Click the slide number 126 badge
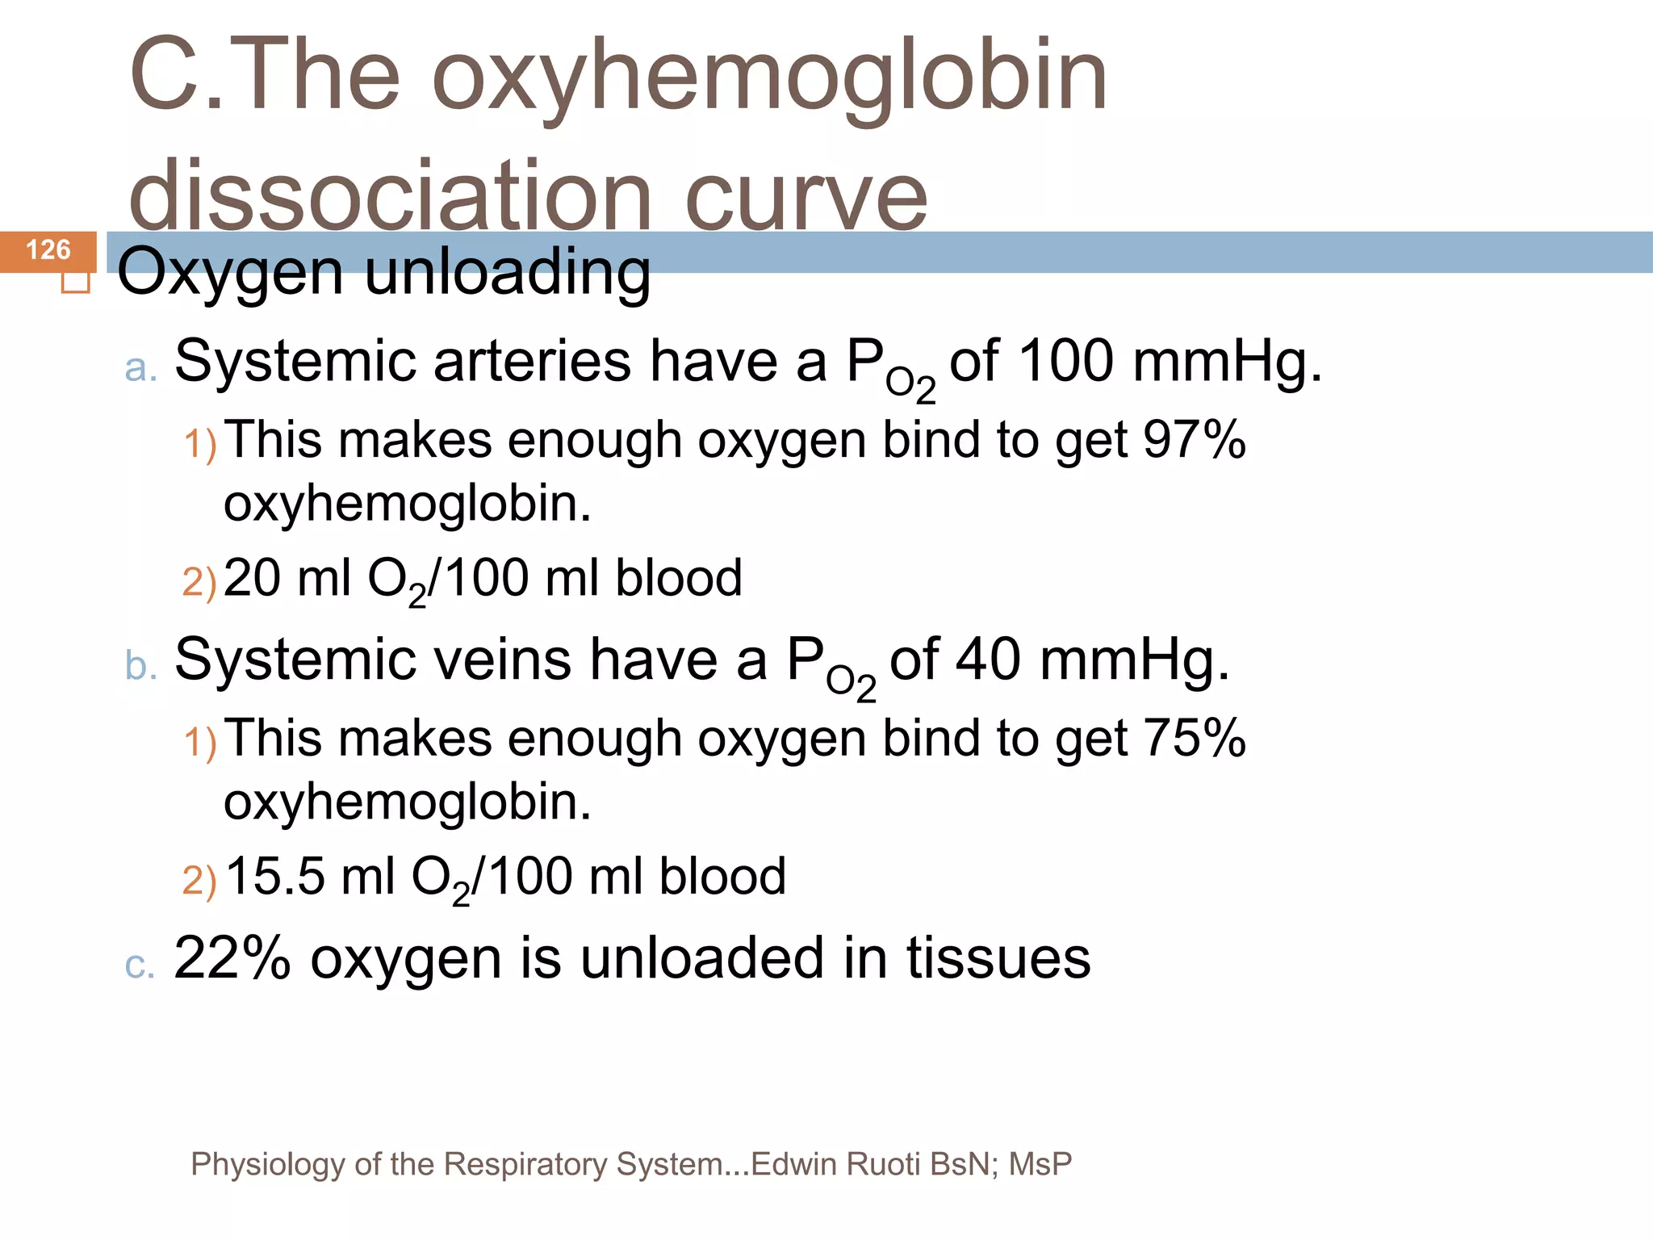48,250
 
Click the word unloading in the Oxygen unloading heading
508,272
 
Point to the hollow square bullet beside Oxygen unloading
76,282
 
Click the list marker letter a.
140,368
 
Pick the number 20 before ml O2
251,578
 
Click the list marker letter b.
140,666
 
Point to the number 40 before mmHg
989,660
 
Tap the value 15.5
274,877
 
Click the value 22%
232,958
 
